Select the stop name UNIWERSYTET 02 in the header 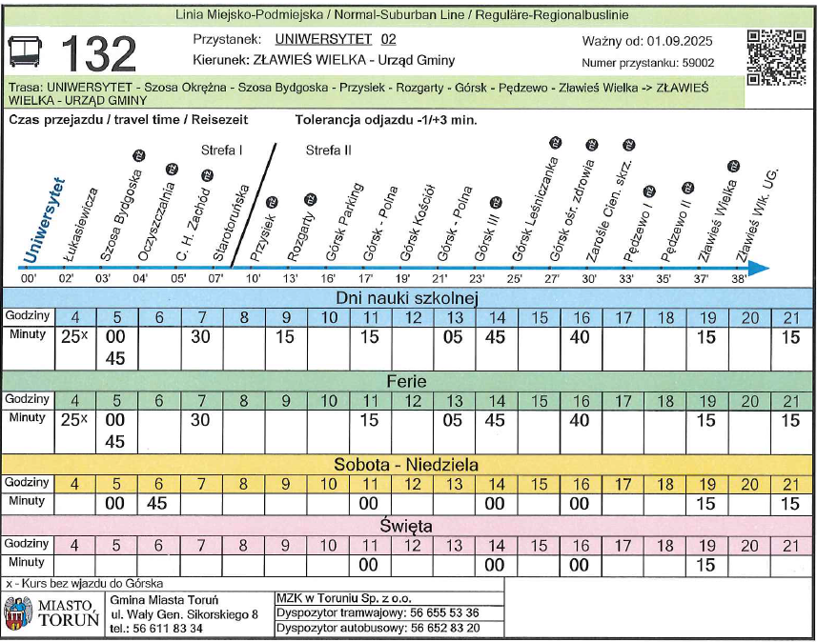[335, 40]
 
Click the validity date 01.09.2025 [680, 41]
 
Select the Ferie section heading [406, 381]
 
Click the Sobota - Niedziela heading [406, 465]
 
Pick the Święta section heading [406, 526]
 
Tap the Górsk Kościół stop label [415, 225]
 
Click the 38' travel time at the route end [739, 279]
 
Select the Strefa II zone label [329, 150]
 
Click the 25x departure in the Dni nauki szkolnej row [75, 337]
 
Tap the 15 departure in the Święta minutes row [705, 565]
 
